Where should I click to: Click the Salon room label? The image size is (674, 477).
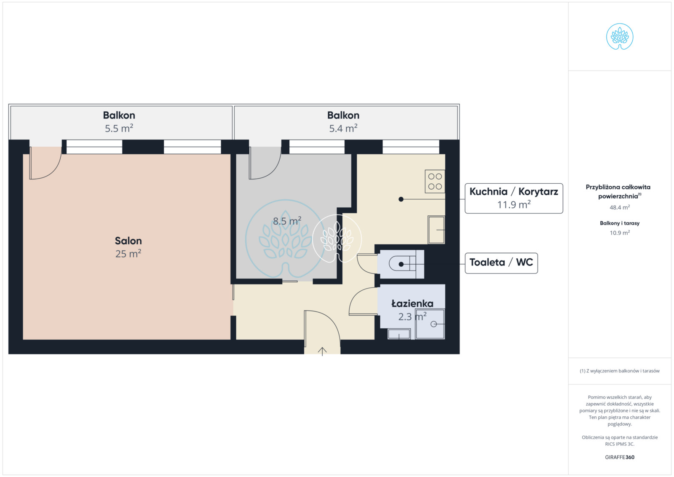click(128, 241)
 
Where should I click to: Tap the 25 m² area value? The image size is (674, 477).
click(128, 254)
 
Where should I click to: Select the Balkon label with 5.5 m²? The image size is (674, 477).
click(119, 115)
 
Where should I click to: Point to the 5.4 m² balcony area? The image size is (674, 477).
click(343, 129)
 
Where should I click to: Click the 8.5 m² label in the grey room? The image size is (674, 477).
click(287, 221)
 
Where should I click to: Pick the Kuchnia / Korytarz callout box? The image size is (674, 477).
click(514, 198)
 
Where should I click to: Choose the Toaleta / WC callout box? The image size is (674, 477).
click(501, 263)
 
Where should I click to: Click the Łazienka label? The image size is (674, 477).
click(412, 304)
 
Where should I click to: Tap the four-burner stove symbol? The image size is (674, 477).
click(435, 182)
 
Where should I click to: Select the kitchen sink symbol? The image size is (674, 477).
click(436, 230)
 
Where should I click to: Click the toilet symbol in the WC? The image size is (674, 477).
click(406, 264)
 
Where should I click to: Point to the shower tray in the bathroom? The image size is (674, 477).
click(430, 324)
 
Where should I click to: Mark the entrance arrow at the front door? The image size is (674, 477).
click(322, 351)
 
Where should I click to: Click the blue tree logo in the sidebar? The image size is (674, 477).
click(620, 36)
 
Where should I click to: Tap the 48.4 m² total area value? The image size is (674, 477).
click(620, 207)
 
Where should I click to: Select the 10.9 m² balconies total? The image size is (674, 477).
click(620, 233)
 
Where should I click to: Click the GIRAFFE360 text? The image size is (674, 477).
click(620, 457)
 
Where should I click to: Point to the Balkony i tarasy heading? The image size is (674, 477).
click(620, 223)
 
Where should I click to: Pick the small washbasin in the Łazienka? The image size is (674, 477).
click(399, 334)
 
